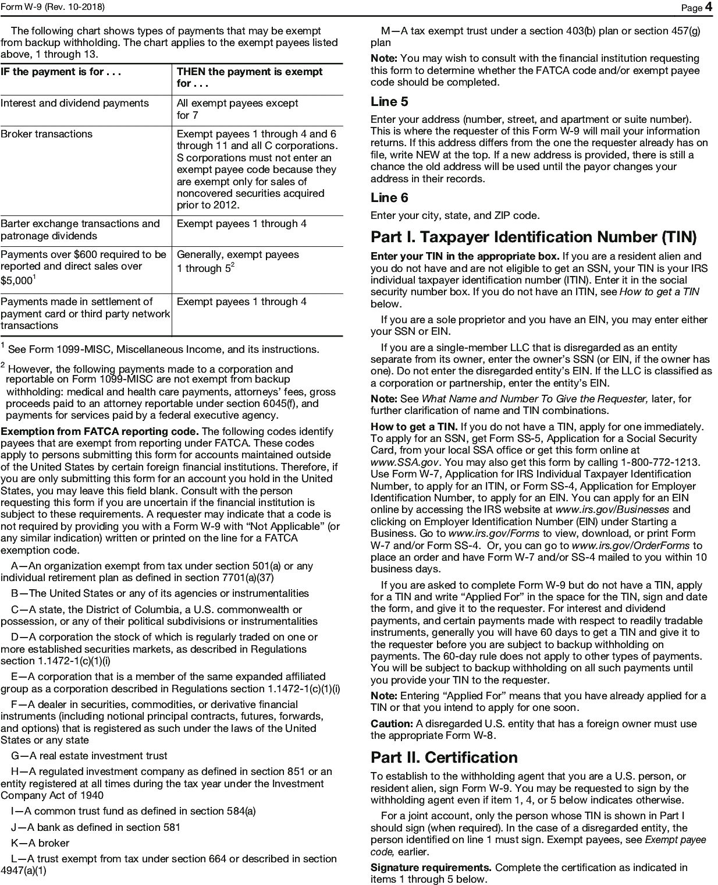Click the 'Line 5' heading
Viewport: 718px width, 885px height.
coord(389,102)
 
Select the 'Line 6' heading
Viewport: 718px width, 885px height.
coord(389,198)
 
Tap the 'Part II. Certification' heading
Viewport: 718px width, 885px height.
coord(444,757)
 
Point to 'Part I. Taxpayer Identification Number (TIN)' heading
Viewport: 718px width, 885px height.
coord(533,237)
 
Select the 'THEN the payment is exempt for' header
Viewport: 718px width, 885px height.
coord(249,77)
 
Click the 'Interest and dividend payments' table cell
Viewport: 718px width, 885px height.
coord(74,103)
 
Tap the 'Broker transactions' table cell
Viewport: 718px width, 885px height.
coord(47,134)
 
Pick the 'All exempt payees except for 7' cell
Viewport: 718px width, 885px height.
coord(237,109)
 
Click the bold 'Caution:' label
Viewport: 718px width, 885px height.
coord(392,724)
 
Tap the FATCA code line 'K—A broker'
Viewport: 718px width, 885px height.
coord(40,843)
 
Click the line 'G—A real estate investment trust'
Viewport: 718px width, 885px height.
coord(89,756)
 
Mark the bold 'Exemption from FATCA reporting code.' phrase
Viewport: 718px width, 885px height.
coord(99,431)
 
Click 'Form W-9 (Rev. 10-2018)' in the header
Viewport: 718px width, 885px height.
coord(53,6)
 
